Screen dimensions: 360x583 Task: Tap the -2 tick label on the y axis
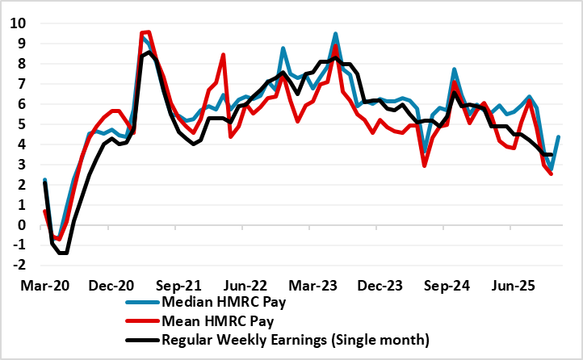click(x=16, y=266)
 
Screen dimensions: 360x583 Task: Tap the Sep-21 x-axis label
click(x=188, y=286)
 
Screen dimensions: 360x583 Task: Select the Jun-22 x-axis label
click(x=260, y=286)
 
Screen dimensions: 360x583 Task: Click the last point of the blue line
click(x=560, y=137)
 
